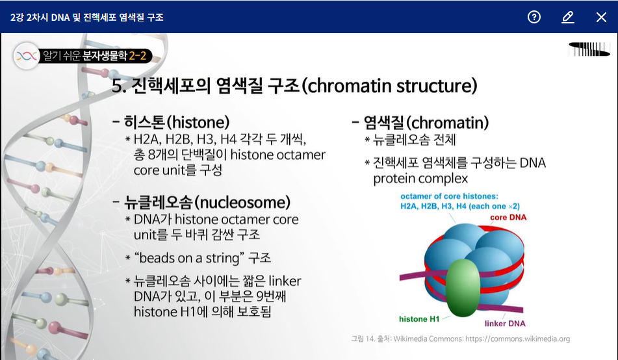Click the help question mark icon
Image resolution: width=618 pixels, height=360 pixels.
[x=534, y=17]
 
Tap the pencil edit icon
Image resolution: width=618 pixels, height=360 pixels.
[x=567, y=17]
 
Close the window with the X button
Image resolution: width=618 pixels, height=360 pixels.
[x=601, y=17]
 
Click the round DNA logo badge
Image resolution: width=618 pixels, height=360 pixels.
[x=27, y=56]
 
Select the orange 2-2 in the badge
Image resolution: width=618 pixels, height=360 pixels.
[x=137, y=56]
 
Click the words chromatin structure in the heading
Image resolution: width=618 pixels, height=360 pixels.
[x=392, y=86]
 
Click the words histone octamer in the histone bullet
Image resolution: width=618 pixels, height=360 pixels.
[x=278, y=155]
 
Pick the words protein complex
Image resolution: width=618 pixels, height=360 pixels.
[x=420, y=179]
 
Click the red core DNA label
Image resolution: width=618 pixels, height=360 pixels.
[x=508, y=217]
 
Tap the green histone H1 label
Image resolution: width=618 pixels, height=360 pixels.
[x=419, y=319]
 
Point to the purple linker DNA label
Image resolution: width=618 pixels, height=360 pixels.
[x=505, y=324]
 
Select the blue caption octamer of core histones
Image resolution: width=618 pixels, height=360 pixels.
[x=449, y=196]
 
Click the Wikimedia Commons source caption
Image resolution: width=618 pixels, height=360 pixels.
[x=460, y=339]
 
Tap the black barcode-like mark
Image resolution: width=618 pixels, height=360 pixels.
[x=589, y=49]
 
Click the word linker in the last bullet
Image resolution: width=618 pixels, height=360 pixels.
[x=285, y=281]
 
